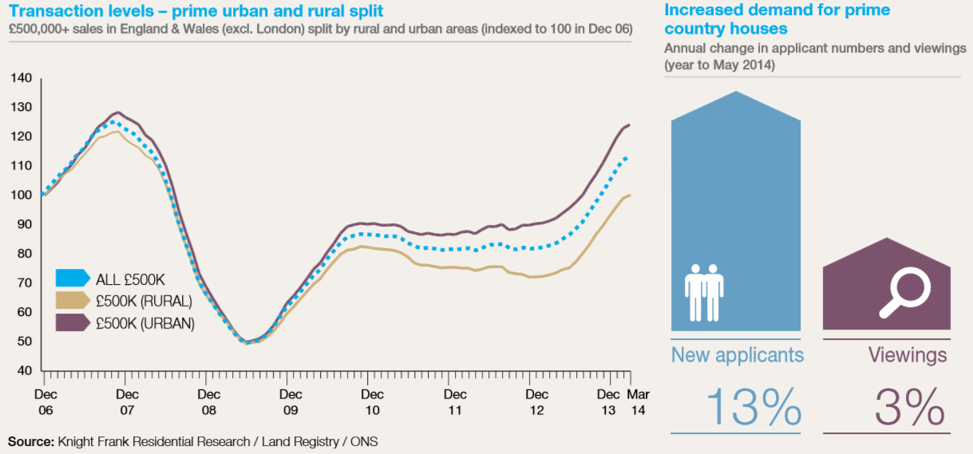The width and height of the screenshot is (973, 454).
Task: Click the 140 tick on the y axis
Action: (21, 78)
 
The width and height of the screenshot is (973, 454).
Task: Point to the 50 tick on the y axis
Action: (21, 341)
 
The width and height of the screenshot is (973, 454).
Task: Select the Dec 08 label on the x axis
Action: (208, 401)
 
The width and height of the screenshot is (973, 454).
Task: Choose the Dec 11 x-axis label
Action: (455, 401)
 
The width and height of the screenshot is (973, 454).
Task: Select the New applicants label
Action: (737, 354)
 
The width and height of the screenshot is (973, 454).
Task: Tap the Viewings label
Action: (908, 354)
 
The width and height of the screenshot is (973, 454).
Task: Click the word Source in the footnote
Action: (30, 440)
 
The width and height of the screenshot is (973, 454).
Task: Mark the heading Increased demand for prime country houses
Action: (777, 19)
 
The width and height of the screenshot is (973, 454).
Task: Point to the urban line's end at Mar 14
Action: (630, 124)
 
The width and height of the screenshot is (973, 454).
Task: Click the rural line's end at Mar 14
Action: (630, 195)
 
